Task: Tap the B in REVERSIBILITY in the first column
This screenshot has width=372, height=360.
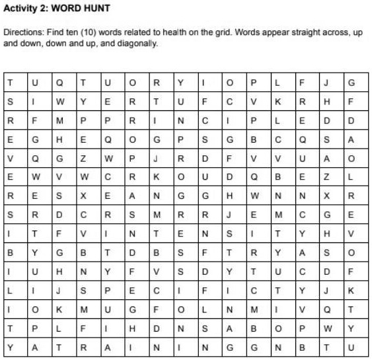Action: tap(11, 252)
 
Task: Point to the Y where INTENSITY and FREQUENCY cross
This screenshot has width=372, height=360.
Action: tap(303, 233)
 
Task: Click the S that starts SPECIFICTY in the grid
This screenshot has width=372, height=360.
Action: tap(83, 289)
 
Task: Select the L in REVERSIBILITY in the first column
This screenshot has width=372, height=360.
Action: tap(11, 289)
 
